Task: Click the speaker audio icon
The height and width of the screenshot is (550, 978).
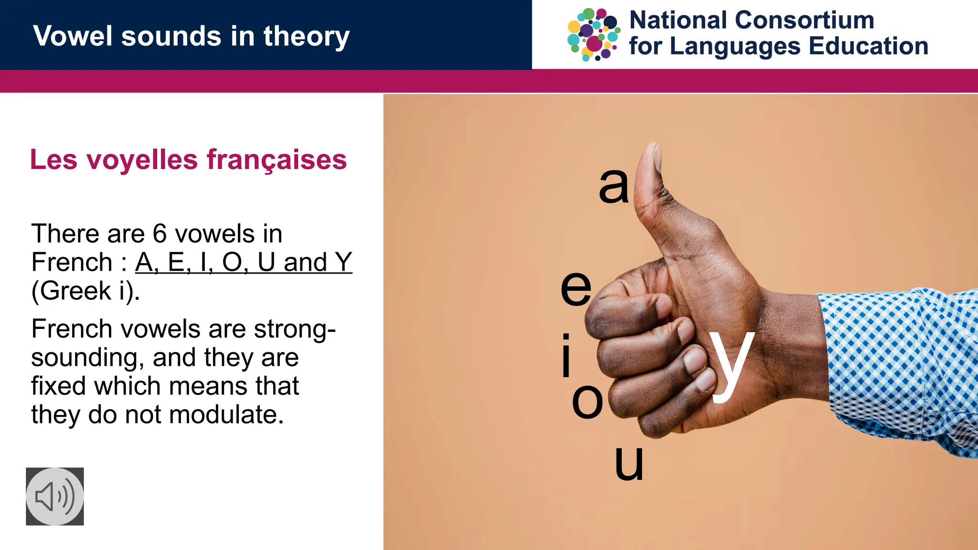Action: click(x=55, y=497)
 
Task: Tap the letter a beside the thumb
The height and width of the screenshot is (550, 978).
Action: click(x=614, y=186)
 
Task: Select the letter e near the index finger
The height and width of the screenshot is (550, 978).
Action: click(x=576, y=288)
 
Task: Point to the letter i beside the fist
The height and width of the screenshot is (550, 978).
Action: click(x=566, y=356)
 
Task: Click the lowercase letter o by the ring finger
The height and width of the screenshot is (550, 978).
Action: click(x=587, y=402)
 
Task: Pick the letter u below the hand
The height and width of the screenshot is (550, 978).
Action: click(x=629, y=463)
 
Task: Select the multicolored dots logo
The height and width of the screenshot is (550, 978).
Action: click(x=594, y=35)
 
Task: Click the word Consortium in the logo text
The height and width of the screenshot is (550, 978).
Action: click(x=805, y=20)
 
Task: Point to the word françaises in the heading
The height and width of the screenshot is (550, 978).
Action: click(x=277, y=160)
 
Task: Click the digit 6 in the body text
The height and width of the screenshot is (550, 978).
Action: click(x=159, y=234)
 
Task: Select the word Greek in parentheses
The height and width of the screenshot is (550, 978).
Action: click(x=76, y=291)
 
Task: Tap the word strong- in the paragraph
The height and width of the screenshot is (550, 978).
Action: click(x=295, y=329)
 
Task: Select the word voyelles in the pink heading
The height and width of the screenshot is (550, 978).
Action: click(x=142, y=160)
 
